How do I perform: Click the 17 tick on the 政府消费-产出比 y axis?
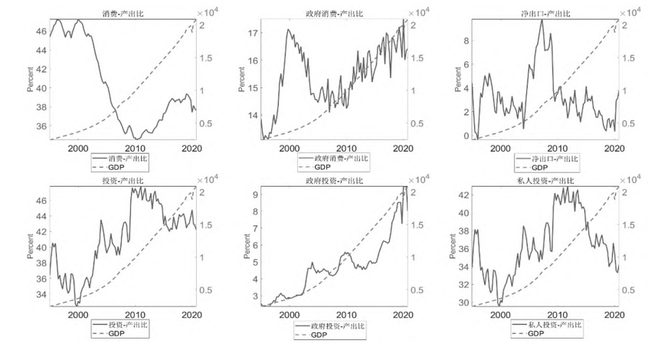tap(251, 34)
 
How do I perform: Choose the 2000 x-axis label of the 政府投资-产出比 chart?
tap(290, 315)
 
